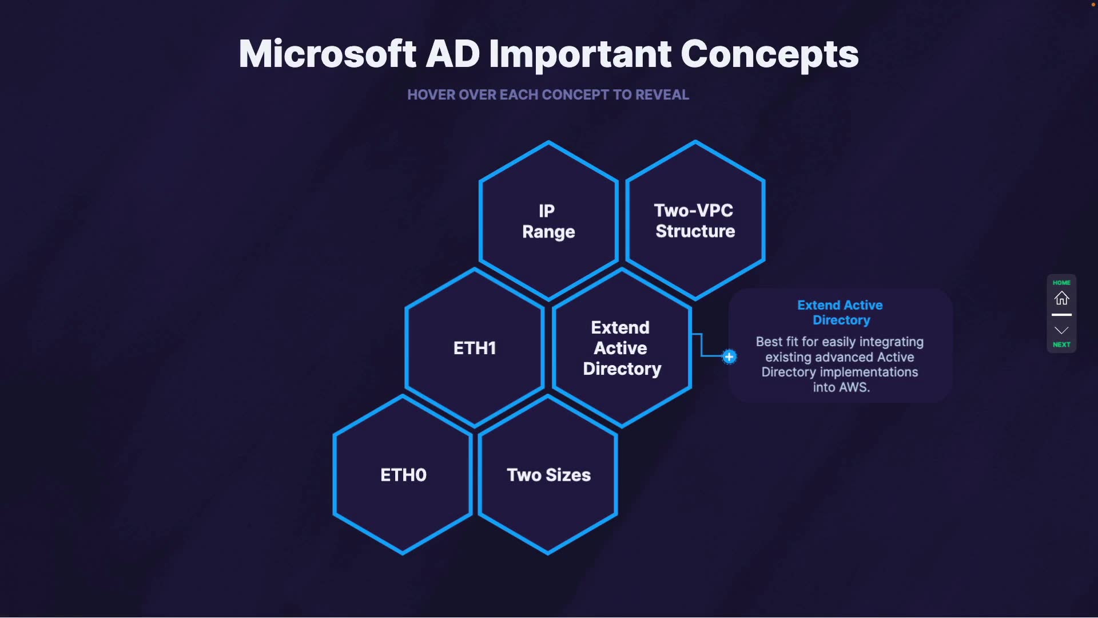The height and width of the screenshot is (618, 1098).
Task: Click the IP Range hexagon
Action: [x=548, y=221]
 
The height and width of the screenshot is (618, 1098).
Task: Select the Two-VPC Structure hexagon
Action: [x=695, y=220]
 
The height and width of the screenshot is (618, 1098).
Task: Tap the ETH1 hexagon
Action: [x=475, y=348]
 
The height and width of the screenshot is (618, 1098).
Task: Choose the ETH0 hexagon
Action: [x=403, y=475]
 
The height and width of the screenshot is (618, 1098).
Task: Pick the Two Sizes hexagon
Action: [x=548, y=475]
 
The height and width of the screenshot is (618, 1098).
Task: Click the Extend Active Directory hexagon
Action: [x=622, y=348]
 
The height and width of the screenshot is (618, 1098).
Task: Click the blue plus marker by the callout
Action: [x=729, y=357]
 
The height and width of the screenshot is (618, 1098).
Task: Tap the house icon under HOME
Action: [x=1061, y=298]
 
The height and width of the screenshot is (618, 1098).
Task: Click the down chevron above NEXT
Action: [x=1061, y=330]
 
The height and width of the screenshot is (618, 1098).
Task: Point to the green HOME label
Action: [x=1061, y=283]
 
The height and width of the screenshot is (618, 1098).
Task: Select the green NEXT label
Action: [x=1061, y=344]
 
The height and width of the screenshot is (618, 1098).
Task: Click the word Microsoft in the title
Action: [x=327, y=54]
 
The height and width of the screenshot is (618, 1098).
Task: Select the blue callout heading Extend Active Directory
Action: [x=840, y=312]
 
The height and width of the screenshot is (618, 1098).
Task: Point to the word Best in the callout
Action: [x=769, y=342]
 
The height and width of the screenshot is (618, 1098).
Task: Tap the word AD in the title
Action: [x=452, y=54]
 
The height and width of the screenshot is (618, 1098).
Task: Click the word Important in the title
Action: [x=580, y=54]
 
